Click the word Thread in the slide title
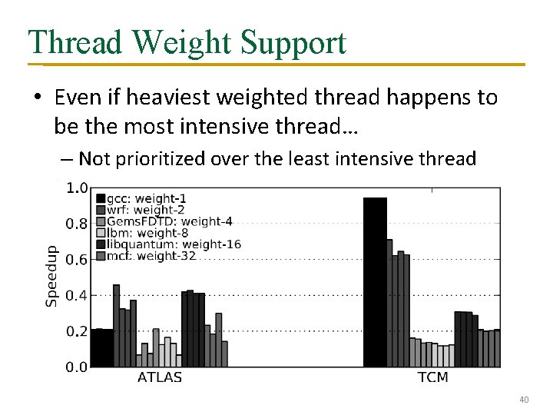click(x=72, y=42)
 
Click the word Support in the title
click(x=295, y=44)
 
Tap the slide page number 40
click(x=525, y=400)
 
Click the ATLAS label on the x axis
click(x=160, y=377)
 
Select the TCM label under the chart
click(x=432, y=377)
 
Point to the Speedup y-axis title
click(x=51, y=276)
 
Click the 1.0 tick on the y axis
click(x=78, y=188)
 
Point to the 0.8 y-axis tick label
click(x=78, y=224)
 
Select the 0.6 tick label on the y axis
click(x=78, y=260)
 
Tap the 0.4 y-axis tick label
click(x=78, y=296)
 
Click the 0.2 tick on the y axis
click(x=78, y=331)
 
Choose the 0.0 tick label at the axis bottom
click(x=78, y=367)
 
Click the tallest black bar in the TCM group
click(x=375, y=282)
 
